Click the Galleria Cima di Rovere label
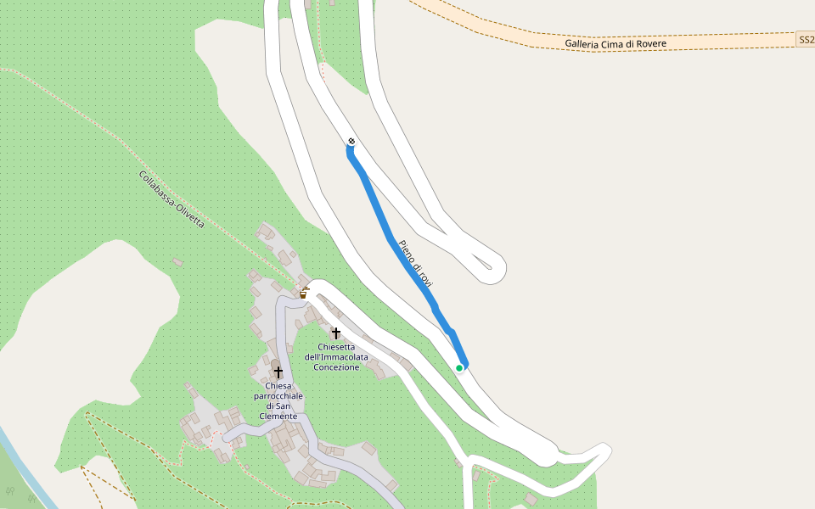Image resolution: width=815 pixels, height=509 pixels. click(x=615, y=43)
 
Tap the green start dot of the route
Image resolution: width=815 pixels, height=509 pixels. click(x=459, y=367)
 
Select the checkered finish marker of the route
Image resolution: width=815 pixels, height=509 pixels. click(x=351, y=141)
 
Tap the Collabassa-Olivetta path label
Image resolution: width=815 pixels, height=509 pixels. click(x=171, y=199)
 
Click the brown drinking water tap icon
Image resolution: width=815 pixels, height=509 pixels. click(x=304, y=294)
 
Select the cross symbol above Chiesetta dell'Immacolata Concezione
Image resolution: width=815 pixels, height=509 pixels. click(x=336, y=333)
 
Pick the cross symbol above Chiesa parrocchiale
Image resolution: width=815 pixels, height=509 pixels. click(x=278, y=372)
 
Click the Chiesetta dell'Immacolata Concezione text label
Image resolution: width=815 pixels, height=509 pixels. click(x=337, y=357)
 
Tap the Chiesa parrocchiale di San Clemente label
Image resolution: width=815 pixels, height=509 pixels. click(x=278, y=400)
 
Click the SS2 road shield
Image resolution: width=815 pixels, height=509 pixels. click(x=806, y=40)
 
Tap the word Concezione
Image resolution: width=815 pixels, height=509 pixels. click(x=337, y=367)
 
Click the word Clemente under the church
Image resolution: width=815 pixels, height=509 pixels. click(x=278, y=416)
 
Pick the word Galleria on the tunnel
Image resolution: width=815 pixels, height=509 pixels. click(x=583, y=43)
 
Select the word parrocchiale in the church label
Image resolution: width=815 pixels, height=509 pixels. click(x=278, y=396)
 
